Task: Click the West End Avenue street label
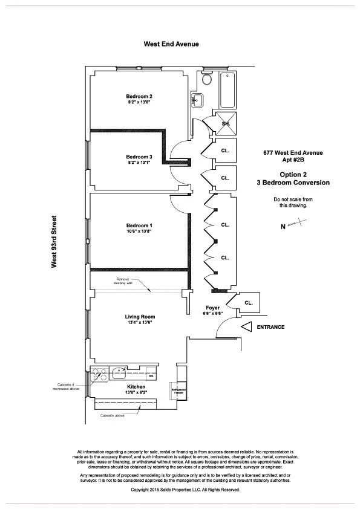click(171, 44)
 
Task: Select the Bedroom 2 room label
click(139, 97)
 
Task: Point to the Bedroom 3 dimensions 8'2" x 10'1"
click(139, 163)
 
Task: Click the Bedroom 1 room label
click(139, 225)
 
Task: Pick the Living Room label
click(140, 317)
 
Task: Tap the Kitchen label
click(136, 386)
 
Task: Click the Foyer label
click(212, 308)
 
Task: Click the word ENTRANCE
click(270, 327)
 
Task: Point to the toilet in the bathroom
click(207, 79)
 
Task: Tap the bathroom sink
click(197, 99)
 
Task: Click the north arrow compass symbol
click(295, 225)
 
